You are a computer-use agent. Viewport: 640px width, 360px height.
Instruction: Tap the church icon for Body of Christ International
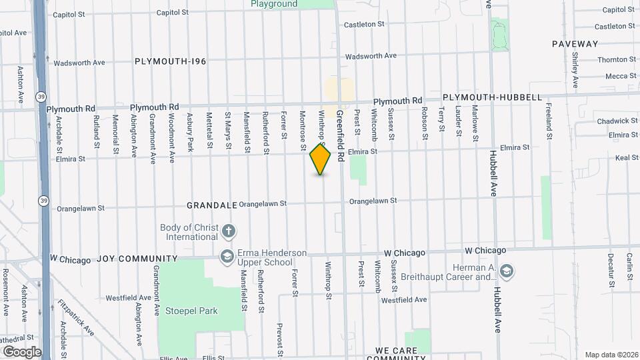tap(229, 232)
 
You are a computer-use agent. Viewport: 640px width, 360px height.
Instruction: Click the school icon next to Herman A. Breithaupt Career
tap(506, 271)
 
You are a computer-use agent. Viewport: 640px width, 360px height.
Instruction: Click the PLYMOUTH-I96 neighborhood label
tap(170, 61)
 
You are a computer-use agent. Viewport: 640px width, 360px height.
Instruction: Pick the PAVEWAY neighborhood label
tap(575, 44)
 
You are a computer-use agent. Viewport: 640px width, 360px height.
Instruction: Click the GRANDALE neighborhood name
tap(211, 205)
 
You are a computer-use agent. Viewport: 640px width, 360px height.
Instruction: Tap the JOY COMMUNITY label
tap(137, 259)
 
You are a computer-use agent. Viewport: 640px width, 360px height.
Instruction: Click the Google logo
tap(21, 351)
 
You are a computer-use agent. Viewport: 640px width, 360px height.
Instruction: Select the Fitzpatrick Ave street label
tap(75, 317)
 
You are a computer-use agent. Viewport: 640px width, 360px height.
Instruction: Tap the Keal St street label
tap(627, 158)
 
